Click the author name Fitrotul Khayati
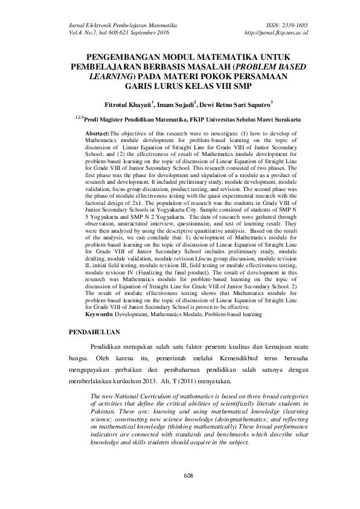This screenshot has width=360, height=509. tap(126, 104)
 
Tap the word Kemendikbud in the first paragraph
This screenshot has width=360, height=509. tap(227, 360)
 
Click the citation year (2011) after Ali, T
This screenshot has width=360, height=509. tap(184, 381)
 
